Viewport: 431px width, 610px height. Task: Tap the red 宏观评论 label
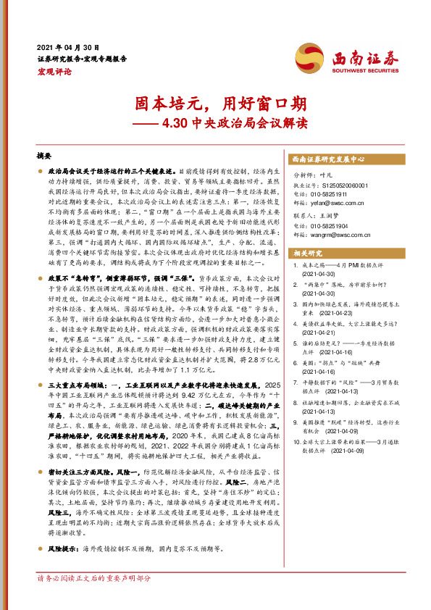54,72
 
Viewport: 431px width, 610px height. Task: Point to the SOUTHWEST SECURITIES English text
360,70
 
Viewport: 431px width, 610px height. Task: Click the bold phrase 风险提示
63,548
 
